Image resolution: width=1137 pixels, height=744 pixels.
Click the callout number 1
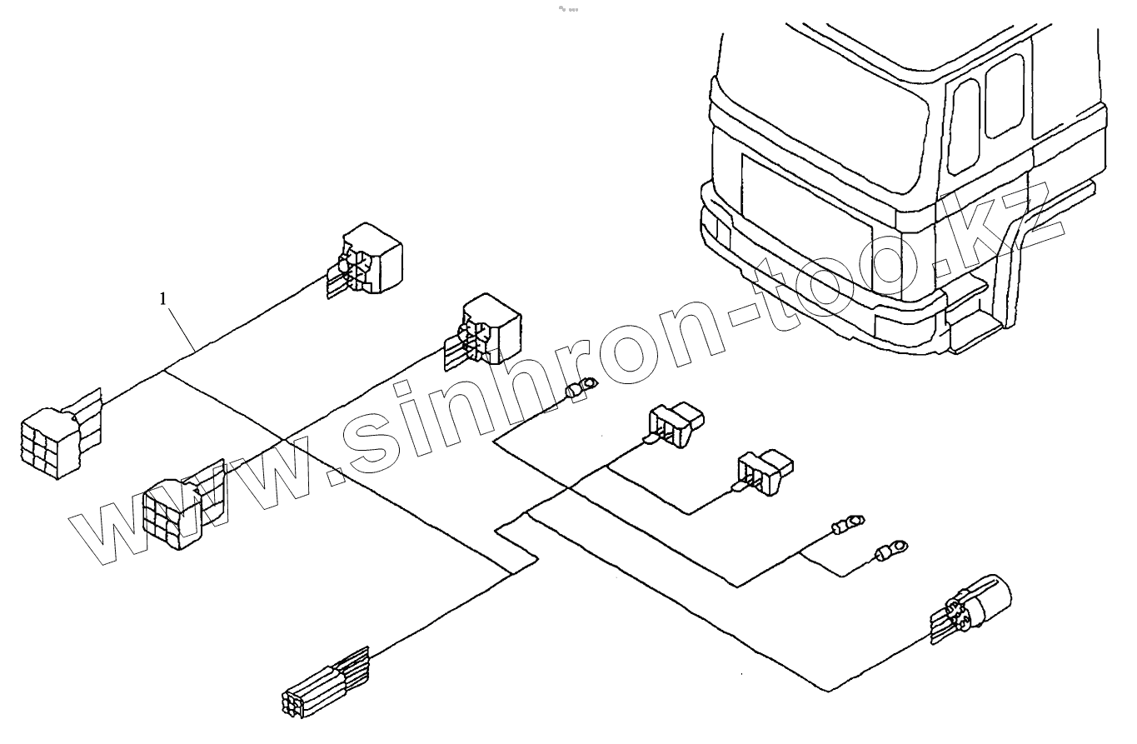(164, 297)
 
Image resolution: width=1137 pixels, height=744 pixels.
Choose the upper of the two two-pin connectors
(675, 423)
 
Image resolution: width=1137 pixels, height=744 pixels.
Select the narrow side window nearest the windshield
(965, 125)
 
